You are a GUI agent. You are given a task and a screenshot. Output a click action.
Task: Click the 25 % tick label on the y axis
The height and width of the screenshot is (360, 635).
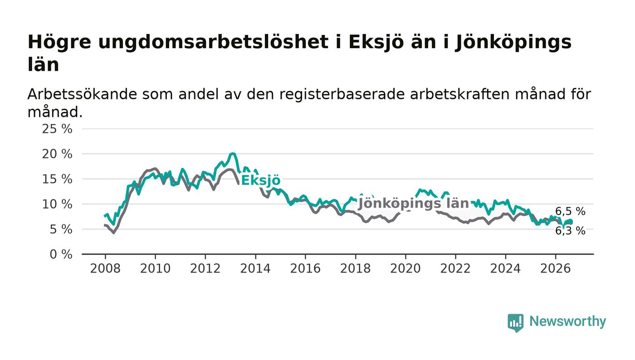tap(57, 129)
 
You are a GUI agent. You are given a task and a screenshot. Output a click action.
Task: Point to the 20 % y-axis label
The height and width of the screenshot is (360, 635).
tap(57, 154)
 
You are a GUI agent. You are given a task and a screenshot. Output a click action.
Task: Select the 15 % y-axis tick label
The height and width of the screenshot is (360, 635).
tap(57, 179)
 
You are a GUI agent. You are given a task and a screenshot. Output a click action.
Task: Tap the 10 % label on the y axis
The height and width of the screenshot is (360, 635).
tap(57, 204)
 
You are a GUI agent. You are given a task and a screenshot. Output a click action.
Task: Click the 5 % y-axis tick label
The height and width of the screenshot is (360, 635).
tap(61, 229)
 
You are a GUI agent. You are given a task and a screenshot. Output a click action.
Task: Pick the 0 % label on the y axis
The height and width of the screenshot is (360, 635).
tap(61, 254)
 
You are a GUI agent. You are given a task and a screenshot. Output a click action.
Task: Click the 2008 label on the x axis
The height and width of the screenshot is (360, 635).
tap(105, 269)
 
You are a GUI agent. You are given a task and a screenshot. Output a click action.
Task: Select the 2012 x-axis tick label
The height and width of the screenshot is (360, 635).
tap(205, 269)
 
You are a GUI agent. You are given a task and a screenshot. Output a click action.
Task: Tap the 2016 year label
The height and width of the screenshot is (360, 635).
tap(305, 269)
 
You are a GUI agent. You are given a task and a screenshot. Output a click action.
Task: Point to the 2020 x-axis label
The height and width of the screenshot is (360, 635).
tap(405, 269)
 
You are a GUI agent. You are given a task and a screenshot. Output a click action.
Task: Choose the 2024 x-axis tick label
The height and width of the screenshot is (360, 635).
tap(505, 269)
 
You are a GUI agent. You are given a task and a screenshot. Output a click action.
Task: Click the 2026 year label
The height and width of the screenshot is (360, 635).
tap(555, 269)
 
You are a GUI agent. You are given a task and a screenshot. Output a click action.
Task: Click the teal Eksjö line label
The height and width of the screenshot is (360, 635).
tap(261, 180)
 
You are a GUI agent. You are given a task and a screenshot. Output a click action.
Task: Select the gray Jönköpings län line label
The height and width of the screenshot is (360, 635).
tap(414, 204)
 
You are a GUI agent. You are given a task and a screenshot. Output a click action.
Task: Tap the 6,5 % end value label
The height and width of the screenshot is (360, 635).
tap(570, 211)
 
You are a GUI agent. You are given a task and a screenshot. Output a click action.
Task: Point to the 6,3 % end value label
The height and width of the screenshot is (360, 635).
tap(570, 231)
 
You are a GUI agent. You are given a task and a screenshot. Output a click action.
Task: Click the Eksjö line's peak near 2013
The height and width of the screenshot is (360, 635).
tap(233, 154)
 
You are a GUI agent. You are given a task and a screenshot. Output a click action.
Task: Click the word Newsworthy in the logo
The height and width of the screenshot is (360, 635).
tap(567, 321)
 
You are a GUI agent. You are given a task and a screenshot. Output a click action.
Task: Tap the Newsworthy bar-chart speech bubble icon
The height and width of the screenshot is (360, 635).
tap(515, 323)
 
